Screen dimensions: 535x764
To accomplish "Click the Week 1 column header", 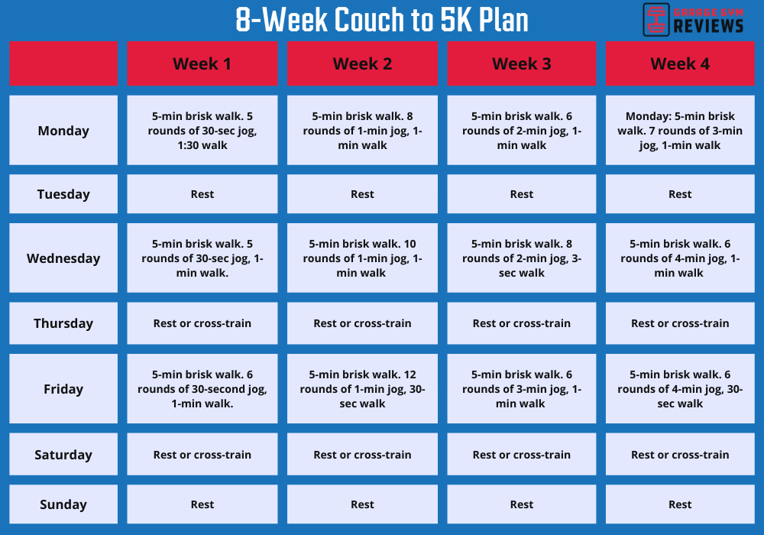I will click(x=202, y=63).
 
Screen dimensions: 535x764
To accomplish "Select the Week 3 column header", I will click(x=521, y=63).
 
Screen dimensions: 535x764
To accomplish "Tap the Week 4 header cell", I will click(x=680, y=63).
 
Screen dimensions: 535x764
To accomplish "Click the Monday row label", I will click(x=63, y=131).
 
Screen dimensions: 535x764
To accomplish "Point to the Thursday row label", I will click(x=63, y=323).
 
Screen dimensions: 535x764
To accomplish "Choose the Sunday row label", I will click(x=63, y=504).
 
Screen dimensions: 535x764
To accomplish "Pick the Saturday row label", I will click(x=63, y=455).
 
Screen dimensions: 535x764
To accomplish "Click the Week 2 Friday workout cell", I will click(x=362, y=389).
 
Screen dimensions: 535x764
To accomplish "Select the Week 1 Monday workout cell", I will click(x=202, y=131).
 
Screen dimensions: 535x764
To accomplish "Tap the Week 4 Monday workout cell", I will click(x=680, y=131).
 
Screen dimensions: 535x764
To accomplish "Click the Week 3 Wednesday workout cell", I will click(x=521, y=258).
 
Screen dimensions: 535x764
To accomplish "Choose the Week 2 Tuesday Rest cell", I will click(x=362, y=194).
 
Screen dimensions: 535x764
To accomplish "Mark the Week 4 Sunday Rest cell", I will click(x=680, y=504).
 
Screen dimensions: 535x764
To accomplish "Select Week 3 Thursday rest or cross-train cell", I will click(x=521, y=323).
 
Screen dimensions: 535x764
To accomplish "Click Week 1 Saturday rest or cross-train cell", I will click(x=202, y=455).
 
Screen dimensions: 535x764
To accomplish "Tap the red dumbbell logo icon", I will click(x=656, y=19).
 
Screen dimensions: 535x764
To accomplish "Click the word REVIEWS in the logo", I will click(x=708, y=26).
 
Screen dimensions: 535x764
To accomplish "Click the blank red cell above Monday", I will click(x=63, y=63).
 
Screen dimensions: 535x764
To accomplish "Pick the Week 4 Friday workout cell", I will click(x=680, y=389).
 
